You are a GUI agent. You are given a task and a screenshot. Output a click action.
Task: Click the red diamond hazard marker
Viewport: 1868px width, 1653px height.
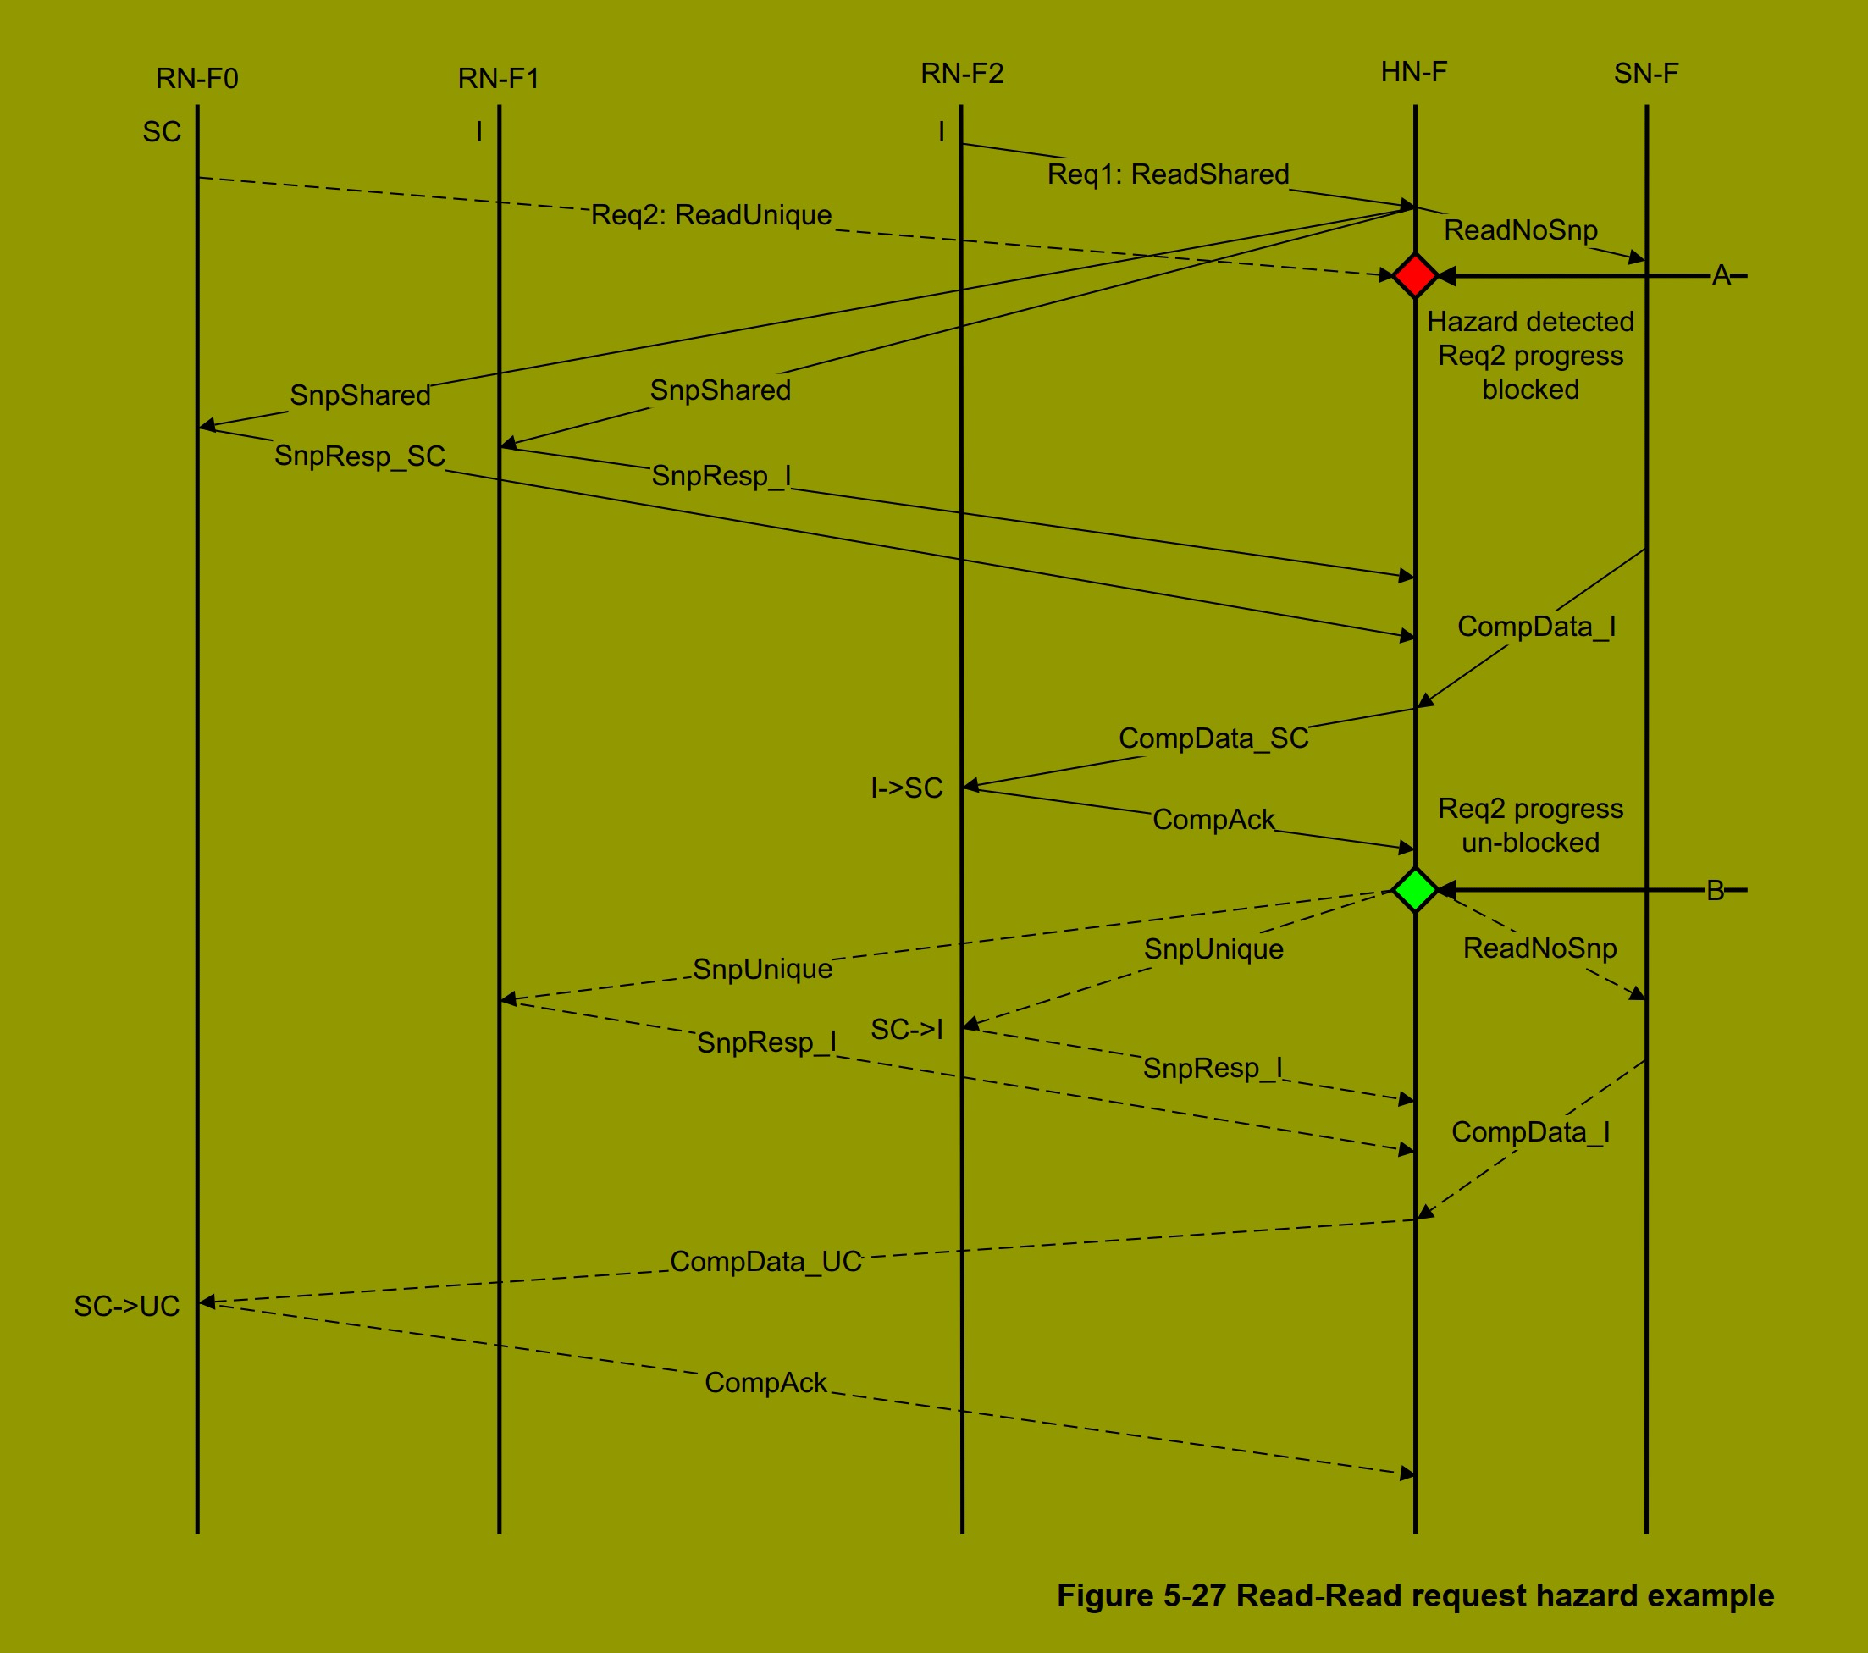tap(1415, 275)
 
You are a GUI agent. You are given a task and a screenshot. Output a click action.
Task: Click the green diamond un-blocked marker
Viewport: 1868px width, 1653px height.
tap(1415, 889)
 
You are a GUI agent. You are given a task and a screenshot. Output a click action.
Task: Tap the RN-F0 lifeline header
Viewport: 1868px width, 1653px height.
tap(197, 79)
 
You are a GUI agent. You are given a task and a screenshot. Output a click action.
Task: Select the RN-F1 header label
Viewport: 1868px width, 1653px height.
tap(499, 79)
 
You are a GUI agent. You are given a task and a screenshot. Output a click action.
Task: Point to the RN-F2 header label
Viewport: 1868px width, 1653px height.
tap(961, 73)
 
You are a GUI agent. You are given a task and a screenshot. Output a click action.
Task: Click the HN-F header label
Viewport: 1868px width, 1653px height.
tap(1414, 72)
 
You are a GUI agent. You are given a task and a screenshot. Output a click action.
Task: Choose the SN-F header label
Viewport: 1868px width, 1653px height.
tap(1646, 73)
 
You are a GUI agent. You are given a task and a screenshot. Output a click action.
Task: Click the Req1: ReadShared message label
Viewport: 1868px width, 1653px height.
tap(1168, 174)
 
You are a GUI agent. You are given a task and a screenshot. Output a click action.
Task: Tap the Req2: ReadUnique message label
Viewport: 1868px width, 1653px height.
tap(711, 215)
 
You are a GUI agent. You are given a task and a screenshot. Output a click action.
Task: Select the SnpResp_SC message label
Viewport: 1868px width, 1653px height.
tap(360, 455)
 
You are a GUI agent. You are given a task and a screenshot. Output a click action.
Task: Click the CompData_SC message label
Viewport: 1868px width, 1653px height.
tap(1213, 738)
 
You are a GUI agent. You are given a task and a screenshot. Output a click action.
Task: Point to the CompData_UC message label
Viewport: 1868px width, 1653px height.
tap(765, 1261)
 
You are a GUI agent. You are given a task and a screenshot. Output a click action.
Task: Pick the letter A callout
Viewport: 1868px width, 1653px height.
tap(1722, 275)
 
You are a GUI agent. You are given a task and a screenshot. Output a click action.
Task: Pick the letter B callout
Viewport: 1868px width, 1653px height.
tap(1716, 890)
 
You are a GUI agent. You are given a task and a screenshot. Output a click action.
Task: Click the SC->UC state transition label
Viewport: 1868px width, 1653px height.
tap(127, 1306)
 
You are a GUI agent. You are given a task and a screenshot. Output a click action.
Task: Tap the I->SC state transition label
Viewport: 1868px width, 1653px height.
tap(907, 788)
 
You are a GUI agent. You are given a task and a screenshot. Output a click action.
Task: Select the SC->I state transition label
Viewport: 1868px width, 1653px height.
tap(907, 1029)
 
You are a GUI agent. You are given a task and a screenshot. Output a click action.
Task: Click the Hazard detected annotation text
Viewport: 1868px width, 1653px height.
tap(1531, 322)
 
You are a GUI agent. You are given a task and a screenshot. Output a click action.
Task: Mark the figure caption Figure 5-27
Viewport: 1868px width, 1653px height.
tap(1415, 1595)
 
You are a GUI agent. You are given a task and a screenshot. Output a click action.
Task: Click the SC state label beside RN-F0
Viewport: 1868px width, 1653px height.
tap(162, 132)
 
